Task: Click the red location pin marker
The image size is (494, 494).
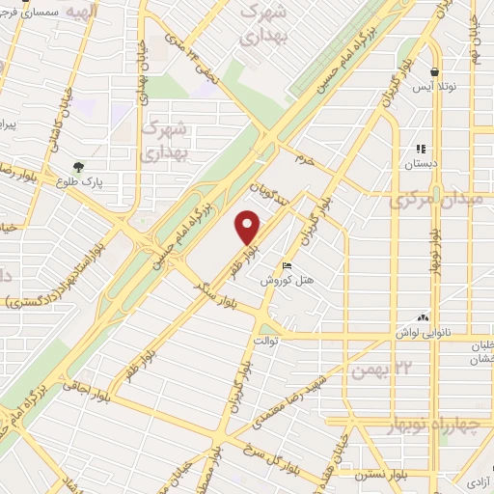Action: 249,228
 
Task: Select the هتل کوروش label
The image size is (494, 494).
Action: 286,279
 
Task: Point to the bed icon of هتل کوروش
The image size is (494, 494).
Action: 286,265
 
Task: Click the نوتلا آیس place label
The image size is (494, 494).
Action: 433,87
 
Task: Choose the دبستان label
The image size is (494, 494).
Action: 421,163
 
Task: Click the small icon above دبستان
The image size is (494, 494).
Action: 421,149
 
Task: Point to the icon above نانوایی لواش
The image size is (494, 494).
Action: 422,316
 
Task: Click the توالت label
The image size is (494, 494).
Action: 265,341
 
